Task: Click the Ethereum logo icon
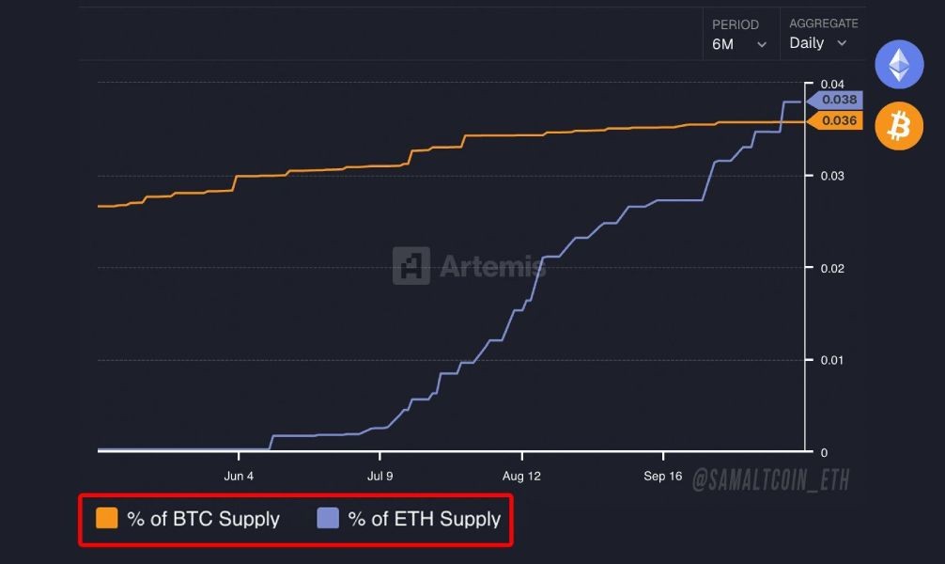pyautogui.click(x=899, y=65)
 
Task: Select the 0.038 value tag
pyautogui.click(x=838, y=100)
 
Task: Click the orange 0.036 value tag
pyautogui.click(x=838, y=120)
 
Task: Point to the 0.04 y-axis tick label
pyautogui.click(x=831, y=84)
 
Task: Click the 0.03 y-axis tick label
pyautogui.click(x=831, y=176)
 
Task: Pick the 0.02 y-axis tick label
pyautogui.click(x=831, y=268)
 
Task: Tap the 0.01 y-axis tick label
pyautogui.click(x=831, y=360)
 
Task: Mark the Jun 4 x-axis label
pyautogui.click(x=239, y=476)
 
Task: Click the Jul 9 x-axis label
pyautogui.click(x=380, y=476)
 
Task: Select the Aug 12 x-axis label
pyautogui.click(x=523, y=476)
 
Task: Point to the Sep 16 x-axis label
pyautogui.click(x=662, y=476)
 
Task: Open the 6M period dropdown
pyautogui.click(x=739, y=44)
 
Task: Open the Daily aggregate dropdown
pyautogui.click(x=817, y=43)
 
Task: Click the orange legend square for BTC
pyautogui.click(x=107, y=518)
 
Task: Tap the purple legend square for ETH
pyautogui.click(x=328, y=518)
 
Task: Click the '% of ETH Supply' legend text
pyautogui.click(x=425, y=519)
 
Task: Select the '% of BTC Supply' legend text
pyautogui.click(x=203, y=519)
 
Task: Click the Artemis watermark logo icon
pyautogui.click(x=411, y=266)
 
